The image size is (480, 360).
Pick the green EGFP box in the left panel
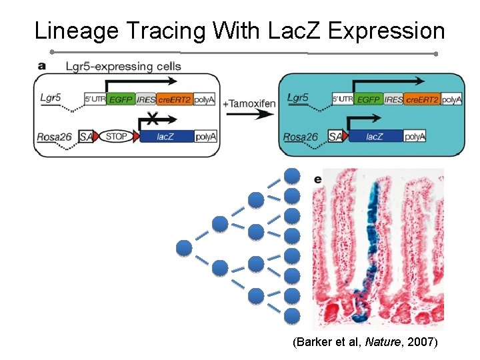click(x=120, y=100)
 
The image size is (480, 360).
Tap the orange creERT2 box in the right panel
click(x=423, y=99)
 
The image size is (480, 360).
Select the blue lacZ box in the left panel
click(x=166, y=137)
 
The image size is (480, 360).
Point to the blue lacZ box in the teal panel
click(x=377, y=137)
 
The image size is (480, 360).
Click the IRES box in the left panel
click(x=146, y=100)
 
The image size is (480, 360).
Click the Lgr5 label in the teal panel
click(x=297, y=97)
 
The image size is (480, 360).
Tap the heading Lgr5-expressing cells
click(x=123, y=67)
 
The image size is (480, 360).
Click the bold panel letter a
click(x=41, y=66)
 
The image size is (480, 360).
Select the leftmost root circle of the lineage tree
click(x=184, y=249)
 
